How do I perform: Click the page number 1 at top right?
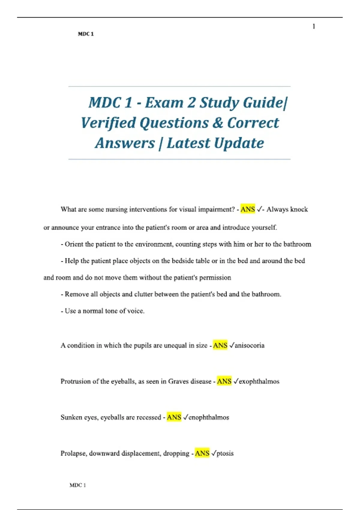tap(314, 27)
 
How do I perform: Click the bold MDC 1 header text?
tap(86, 34)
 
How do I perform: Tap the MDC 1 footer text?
tap(78, 485)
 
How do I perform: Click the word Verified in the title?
tap(108, 123)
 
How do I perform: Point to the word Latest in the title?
tap(188, 143)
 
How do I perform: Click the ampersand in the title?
tap(218, 123)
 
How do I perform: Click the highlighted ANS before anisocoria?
tap(220, 345)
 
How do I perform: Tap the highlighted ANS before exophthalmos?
tap(224, 381)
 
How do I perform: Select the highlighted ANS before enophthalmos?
tap(174, 417)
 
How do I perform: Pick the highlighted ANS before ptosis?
tap(202, 453)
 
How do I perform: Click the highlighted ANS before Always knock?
tap(247, 209)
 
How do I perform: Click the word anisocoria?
tap(250, 346)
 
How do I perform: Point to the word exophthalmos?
tap(259, 382)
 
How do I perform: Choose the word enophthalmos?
tap(209, 418)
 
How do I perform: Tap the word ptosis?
tap(225, 454)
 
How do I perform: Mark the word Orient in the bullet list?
tap(74, 244)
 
